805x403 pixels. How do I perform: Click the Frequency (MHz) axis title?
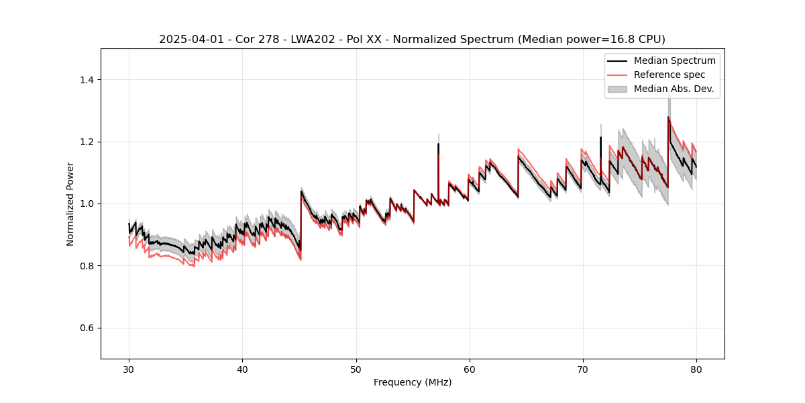point(413,382)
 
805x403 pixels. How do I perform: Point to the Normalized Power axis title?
point(70,204)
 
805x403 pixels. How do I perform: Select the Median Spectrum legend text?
point(674,60)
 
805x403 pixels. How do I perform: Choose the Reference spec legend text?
point(669,75)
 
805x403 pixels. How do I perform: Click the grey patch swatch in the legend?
point(617,89)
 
